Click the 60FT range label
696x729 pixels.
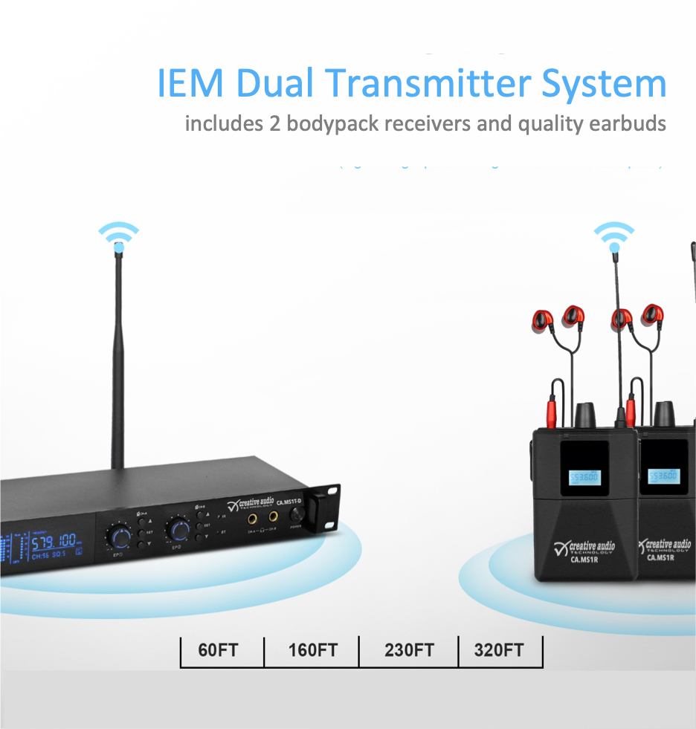218,650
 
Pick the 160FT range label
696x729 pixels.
312,650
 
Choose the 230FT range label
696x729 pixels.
409,650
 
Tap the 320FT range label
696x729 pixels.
499,650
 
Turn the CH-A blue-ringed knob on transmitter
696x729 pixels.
118,534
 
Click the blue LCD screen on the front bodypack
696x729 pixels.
584,477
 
